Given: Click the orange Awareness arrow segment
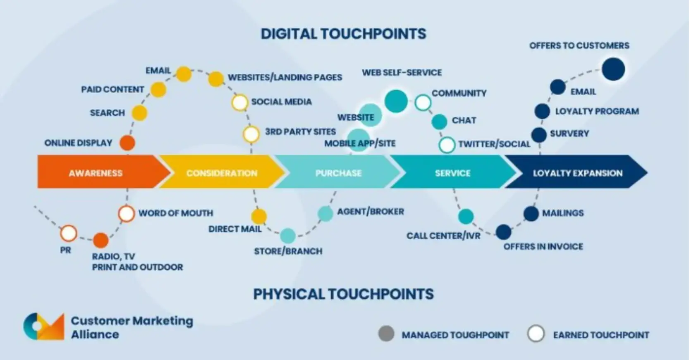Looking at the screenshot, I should pyautogui.click(x=96, y=172).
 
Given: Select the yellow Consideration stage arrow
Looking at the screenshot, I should pyautogui.click(x=222, y=172).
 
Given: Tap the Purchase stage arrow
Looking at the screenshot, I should pyautogui.click(x=338, y=172).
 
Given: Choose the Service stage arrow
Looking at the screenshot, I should pyautogui.click(x=452, y=172).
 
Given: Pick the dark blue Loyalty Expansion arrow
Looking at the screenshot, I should pyautogui.click(x=577, y=172).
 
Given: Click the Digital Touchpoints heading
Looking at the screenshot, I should pyautogui.click(x=343, y=33).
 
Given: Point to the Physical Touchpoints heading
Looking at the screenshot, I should pyautogui.click(x=343, y=294).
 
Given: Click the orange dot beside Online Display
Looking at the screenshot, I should pyautogui.click(x=127, y=143).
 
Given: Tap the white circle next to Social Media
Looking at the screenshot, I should pyautogui.click(x=239, y=103).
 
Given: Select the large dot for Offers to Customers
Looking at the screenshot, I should pyautogui.click(x=613, y=69).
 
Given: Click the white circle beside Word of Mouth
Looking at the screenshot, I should pyautogui.click(x=126, y=214).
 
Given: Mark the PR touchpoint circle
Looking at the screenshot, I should pyautogui.click(x=69, y=233).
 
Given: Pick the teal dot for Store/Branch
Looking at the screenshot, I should pyautogui.click(x=288, y=236).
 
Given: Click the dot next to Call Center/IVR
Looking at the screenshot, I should pyautogui.click(x=466, y=217).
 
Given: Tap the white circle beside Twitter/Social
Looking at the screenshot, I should pyautogui.click(x=447, y=145).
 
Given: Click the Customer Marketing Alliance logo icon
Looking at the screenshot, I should pyautogui.click(x=44, y=327).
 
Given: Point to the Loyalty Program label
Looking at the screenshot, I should pyautogui.click(x=597, y=111).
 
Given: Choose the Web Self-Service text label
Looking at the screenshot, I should pyautogui.click(x=402, y=73).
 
